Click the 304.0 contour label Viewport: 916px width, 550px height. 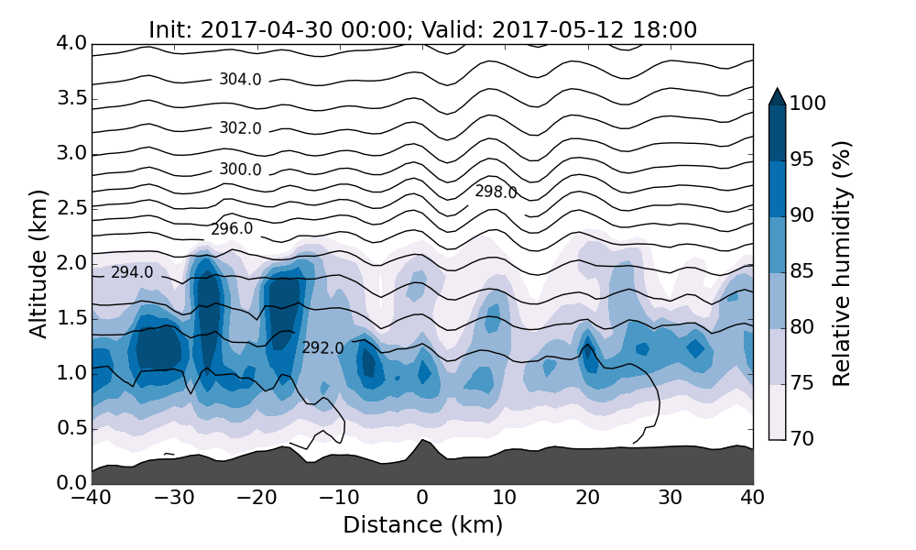(x=240, y=80)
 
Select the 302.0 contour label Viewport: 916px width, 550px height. (x=240, y=128)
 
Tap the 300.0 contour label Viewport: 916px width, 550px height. (x=240, y=170)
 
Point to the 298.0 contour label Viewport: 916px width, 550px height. (x=496, y=192)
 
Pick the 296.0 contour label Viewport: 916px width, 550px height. (x=232, y=229)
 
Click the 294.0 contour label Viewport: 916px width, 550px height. (x=132, y=273)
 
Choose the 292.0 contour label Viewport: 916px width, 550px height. (x=322, y=348)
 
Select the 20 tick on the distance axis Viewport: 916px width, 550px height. (x=587, y=498)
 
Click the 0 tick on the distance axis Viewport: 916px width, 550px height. (x=422, y=498)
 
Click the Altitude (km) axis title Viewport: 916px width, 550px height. (x=38, y=263)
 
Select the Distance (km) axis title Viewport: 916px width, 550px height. (x=422, y=525)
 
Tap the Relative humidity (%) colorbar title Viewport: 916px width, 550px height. (x=842, y=263)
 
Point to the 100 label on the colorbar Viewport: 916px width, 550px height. (x=808, y=104)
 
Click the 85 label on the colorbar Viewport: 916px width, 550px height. (x=802, y=272)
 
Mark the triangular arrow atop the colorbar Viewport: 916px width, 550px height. (x=777, y=96)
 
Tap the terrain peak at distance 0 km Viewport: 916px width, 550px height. (x=422, y=441)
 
